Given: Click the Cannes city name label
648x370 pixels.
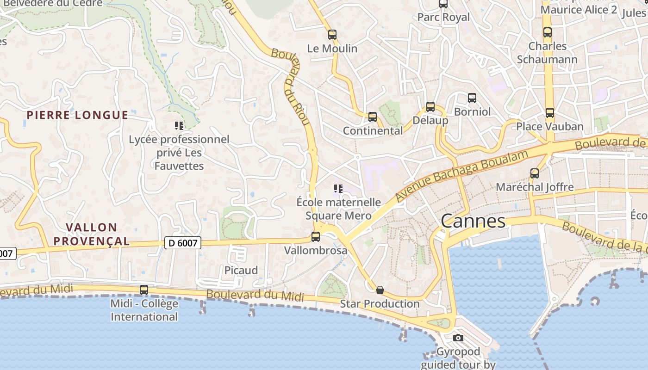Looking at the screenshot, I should point(473,221).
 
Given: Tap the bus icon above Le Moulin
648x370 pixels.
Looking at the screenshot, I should point(332,34).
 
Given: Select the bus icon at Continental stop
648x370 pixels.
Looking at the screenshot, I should point(373,117).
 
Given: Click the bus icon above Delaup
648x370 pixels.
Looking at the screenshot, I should point(430,107).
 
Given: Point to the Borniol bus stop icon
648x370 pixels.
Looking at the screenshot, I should point(472,98).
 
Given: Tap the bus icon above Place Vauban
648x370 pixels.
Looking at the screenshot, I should point(549,113).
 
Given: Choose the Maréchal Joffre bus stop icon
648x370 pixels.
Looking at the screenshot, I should point(535,173).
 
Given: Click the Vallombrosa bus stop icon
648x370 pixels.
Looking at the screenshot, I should point(316,237).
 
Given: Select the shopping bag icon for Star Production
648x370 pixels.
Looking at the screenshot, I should point(380,290).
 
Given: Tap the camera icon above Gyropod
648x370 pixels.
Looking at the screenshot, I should point(458,338).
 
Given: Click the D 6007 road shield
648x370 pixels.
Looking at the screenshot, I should point(183,242).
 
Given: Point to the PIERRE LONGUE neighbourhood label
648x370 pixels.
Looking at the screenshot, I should point(77,115).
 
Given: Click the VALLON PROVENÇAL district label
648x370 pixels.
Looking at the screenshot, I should point(98,234).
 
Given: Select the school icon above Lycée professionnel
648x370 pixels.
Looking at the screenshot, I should point(179,125).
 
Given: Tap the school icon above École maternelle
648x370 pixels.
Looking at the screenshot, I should point(338,189).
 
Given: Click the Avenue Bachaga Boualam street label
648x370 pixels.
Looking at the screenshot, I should point(461,176).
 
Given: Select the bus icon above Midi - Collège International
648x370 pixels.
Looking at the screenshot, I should point(144,290).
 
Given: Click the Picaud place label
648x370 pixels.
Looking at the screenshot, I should point(241,270).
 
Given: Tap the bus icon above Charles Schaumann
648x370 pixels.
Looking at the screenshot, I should point(548,32).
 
